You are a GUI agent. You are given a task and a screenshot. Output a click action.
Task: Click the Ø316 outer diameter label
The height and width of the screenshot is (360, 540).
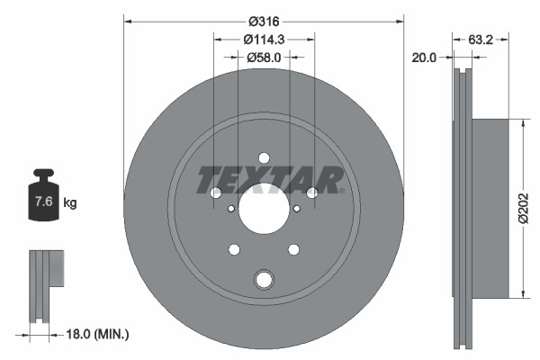264,21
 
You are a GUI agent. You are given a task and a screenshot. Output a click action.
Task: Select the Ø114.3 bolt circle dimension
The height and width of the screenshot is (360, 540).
264,39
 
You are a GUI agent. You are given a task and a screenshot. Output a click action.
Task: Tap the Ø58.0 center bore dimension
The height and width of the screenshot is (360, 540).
264,57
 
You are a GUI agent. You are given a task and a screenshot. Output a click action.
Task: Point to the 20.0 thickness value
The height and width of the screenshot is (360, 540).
423,57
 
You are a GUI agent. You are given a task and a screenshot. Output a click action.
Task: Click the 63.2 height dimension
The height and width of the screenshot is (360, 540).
481,39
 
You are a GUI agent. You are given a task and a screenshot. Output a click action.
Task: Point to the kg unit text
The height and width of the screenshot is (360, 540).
70,203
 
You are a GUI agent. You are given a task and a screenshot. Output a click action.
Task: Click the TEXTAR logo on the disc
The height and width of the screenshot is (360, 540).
270,179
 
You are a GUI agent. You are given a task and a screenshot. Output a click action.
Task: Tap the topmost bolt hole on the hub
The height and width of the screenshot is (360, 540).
264,157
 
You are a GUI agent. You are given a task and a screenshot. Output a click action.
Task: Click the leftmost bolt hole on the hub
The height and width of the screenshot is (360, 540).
216,193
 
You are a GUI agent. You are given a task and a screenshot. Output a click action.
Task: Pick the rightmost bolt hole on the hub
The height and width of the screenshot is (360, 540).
312,193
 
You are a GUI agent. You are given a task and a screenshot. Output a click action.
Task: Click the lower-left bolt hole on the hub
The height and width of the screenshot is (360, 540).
234,249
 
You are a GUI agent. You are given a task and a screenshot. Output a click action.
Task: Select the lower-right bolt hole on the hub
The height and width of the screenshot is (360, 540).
293,249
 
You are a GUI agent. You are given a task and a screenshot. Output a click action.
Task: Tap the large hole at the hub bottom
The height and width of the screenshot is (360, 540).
264,280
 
